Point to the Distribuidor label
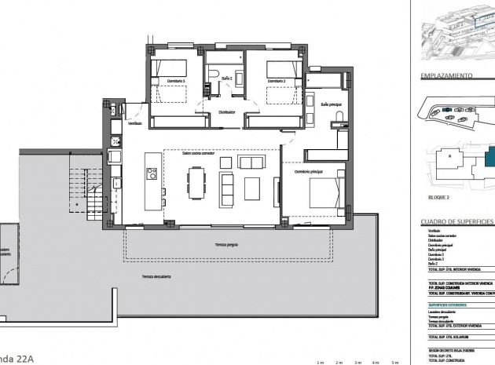pos(227,111)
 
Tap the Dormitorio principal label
pos(309,171)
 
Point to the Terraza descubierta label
pos(158,276)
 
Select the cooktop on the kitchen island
pos(152,173)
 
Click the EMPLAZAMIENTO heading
pos(446,76)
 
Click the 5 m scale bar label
pos(397,363)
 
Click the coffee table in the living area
pos(252,188)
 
